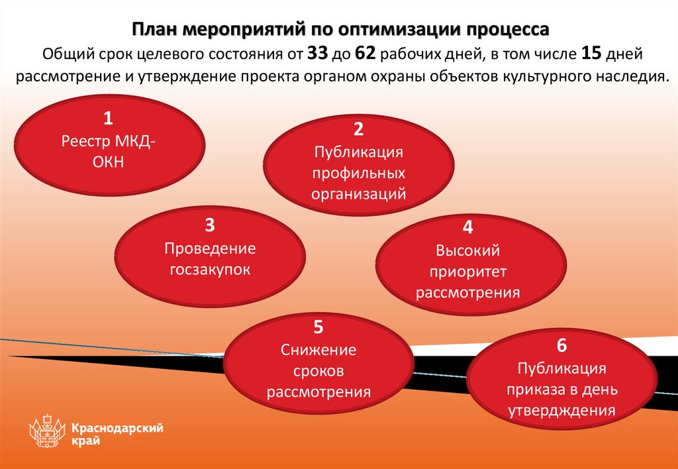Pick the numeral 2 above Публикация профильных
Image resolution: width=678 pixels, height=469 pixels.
358,130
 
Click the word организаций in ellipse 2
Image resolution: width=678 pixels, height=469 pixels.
359,194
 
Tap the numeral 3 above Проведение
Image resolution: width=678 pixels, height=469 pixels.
209,226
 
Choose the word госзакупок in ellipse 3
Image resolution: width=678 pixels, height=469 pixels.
210,270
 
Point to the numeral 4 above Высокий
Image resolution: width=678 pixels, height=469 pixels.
468,228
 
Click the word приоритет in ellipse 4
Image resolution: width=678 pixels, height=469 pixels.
468,271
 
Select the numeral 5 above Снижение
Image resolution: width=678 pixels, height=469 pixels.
318,327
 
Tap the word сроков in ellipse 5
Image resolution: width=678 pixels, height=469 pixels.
318,370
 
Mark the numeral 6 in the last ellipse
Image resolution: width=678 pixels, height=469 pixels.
561,346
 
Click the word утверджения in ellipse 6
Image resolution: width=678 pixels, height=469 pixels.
561,410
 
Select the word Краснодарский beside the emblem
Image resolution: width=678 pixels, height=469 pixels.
118,429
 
